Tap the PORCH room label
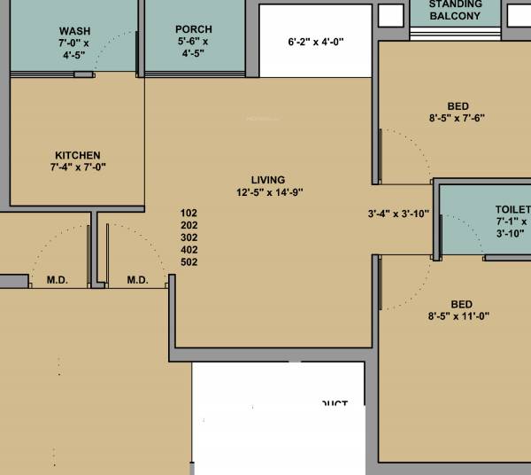(194, 30)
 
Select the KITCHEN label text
(78, 155)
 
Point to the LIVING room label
(268, 181)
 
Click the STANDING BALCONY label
(456, 11)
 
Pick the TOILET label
(512, 209)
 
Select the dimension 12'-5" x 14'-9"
(271, 193)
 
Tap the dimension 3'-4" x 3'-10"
(398, 214)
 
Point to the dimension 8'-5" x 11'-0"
(458, 315)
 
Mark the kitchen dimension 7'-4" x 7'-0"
(79, 167)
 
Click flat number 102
(189, 213)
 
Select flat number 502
(189, 262)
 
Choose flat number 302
(189, 237)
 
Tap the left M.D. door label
(58, 280)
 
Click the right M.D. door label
(137, 280)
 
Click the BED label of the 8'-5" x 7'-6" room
(458, 105)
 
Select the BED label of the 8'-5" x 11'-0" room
(461, 303)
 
